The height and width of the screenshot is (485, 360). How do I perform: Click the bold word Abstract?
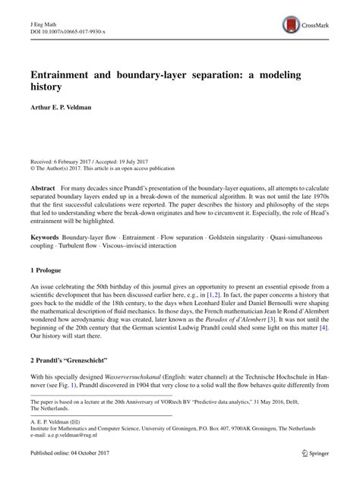click(x=43, y=187)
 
